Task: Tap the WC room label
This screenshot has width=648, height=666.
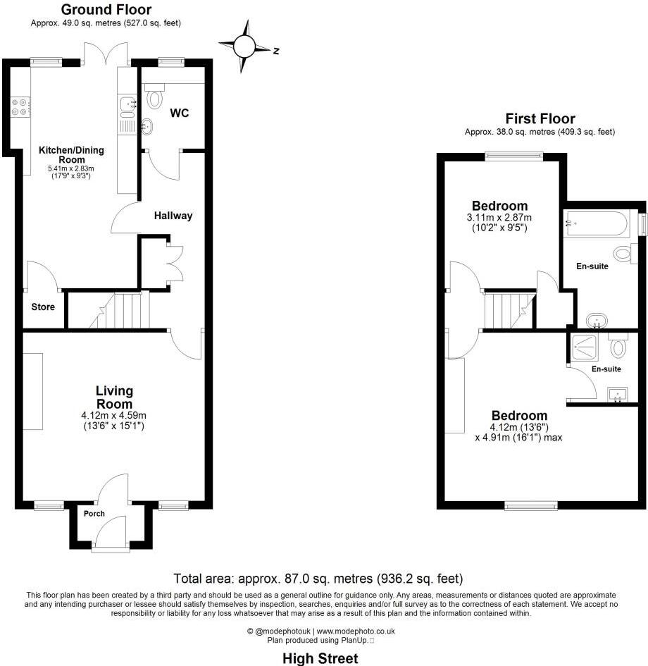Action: [x=180, y=113]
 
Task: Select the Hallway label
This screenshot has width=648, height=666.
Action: [x=173, y=216]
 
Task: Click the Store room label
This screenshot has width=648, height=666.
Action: [x=42, y=307]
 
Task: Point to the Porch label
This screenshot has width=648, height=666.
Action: [x=94, y=514]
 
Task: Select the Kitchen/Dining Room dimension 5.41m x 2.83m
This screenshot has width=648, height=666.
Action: [x=70, y=169]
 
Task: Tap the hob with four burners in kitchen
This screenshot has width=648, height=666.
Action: [x=20, y=106]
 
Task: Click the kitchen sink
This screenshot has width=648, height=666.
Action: [x=127, y=105]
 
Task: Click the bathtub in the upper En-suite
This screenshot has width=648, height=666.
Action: [x=597, y=224]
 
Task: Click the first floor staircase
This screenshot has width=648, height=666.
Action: [x=507, y=311]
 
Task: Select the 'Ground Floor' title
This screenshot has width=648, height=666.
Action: [x=106, y=10]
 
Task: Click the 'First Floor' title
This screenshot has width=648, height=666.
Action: [x=540, y=119]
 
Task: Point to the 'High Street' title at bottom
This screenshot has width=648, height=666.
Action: [x=320, y=658]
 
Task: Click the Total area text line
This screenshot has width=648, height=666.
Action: [x=318, y=579]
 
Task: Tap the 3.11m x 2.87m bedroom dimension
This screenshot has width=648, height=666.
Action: [x=499, y=218]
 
